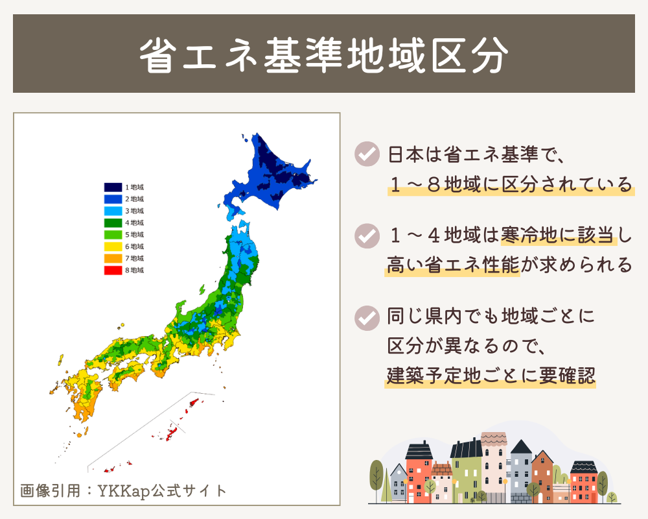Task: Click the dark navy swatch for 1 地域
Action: pyautogui.click(x=113, y=187)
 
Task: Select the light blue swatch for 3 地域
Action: pyautogui.click(x=113, y=211)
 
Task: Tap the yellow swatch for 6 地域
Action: pyautogui.click(x=113, y=247)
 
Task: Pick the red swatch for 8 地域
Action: pyautogui.click(x=113, y=270)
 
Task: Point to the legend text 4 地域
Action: pyautogui.click(x=134, y=223)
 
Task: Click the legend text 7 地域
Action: pyautogui.click(x=134, y=258)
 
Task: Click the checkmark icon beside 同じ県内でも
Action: pyautogui.click(x=367, y=317)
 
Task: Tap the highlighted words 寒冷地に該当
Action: pyautogui.click(x=557, y=234)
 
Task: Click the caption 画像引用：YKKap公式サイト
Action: pyautogui.click(x=124, y=490)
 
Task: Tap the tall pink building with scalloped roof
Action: pyautogui.click(x=494, y=467)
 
